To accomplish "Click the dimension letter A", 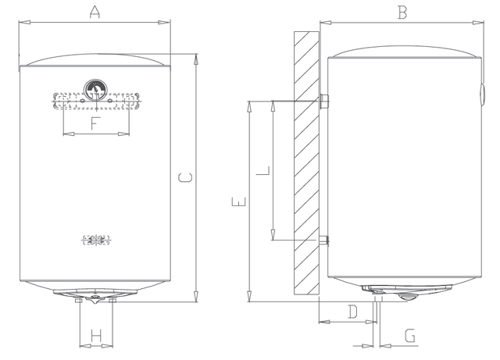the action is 95,12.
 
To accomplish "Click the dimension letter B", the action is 402,12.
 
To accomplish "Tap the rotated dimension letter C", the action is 185,177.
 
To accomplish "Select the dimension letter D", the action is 352,312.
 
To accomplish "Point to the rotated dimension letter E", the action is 238,201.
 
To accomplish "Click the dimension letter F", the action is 95,123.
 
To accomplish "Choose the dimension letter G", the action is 410,336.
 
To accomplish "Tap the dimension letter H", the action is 96,336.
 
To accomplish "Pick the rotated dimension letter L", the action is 263,170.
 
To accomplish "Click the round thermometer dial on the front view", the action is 95,90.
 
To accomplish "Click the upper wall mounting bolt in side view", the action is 324,102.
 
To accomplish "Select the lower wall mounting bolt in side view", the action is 324,240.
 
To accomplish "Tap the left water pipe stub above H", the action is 78,301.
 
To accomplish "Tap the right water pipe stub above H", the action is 112,301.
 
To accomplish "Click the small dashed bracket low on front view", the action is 96,240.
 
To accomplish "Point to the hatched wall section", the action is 306,163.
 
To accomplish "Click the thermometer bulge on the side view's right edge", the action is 482,94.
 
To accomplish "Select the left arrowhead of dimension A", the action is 24,23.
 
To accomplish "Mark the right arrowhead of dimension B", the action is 478,23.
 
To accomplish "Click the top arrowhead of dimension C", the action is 196,60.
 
